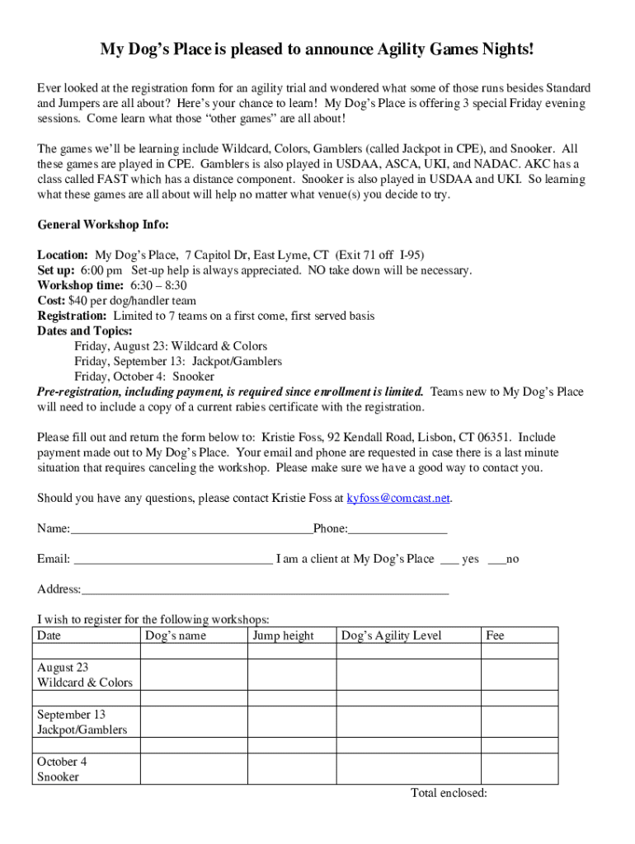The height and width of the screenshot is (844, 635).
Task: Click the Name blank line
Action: (191, 530)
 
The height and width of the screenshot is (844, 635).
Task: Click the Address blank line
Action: (265, 591)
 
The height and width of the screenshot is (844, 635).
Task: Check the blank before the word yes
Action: (449, 560)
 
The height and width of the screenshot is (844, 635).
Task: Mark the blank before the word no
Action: (496, 560)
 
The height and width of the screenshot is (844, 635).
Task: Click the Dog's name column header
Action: (176, 635)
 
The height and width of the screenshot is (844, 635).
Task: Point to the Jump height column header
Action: (283, 635)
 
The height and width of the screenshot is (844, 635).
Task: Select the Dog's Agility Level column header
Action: (392, 635)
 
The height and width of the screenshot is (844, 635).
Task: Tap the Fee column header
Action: (495, 635)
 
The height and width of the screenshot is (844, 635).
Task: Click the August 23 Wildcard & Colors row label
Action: (85, 675)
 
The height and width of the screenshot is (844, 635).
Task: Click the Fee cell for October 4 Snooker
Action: (520, 769)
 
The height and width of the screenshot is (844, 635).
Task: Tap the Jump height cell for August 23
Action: (291, 675)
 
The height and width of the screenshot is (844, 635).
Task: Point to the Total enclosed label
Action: (449, 793)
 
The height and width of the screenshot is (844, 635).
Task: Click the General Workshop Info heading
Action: (103, 225)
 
